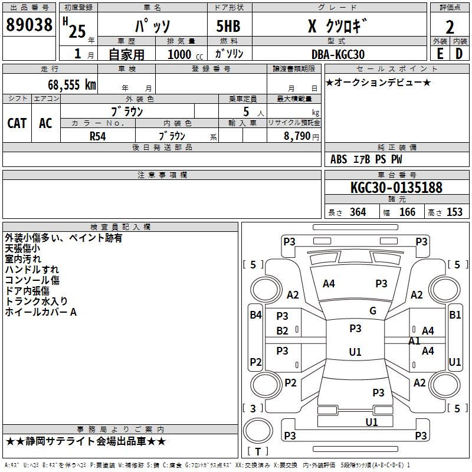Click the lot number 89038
(29, 25)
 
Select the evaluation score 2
(450, 27)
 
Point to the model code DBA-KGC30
(337, 54)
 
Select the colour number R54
(97, 135)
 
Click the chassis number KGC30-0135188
(396, 188)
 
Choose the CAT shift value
(17, 123)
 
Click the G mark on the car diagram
(373, 311)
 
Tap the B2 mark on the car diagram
(283, 330)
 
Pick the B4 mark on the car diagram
(255, 315)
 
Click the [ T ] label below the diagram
(257, 451)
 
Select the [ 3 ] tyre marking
(253, 408)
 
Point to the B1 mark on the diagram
(455, 315)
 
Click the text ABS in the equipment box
(339, 159)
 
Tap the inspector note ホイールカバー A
(41, 312)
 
